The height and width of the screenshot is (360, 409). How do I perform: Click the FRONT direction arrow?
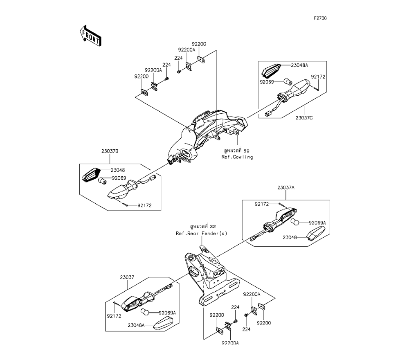[90, 36]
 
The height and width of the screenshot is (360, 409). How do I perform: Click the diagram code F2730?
[320, 18]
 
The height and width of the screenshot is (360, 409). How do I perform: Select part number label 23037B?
[110, 151]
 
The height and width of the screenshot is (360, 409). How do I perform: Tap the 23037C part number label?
[304, 118]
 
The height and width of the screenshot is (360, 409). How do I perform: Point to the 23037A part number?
[286, 187]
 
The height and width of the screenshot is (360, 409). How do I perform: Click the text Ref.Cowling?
[237, 157]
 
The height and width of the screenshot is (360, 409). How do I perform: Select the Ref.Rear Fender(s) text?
[201, 234]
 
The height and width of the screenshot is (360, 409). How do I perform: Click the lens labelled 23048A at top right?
[271, 71]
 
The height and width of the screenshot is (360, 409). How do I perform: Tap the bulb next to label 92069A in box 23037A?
[294, 222]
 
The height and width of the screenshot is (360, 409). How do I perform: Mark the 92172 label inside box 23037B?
[144, 205]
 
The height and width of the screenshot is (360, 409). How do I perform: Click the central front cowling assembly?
[207, 136]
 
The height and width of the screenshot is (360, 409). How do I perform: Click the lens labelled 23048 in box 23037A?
[317, 234]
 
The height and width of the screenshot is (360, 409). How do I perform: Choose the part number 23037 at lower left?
[127, 277]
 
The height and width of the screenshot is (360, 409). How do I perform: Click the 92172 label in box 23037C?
[318, 77]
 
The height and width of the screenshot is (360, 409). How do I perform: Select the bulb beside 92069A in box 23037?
[145, 311]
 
